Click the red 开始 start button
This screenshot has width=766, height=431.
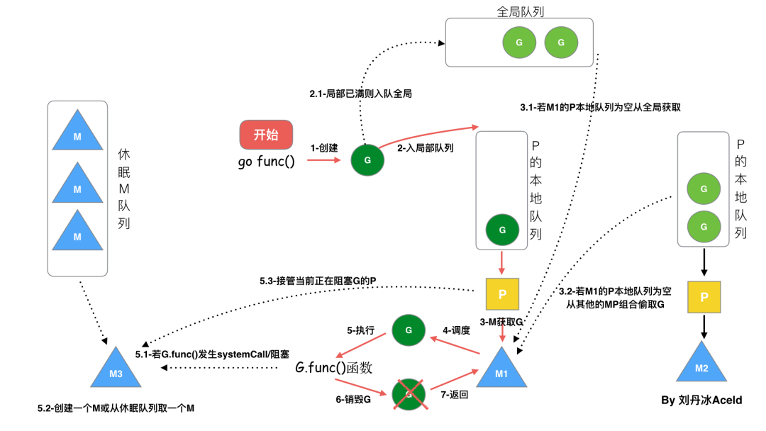click(266, 135)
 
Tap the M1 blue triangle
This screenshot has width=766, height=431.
click(501, 370)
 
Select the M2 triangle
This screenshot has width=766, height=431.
click(701, 364)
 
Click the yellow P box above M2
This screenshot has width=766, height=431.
click(704, 297)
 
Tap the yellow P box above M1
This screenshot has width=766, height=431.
click(502, 294)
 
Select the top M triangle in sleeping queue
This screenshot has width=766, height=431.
click(77, 133)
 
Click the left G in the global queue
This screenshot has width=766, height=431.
click(519, 43)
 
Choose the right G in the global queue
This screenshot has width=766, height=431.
click(561, 43)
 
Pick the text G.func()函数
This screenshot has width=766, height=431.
click(334, 368)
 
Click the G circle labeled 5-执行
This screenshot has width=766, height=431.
click(409, 330)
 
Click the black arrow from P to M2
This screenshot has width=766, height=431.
click(704, 326)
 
